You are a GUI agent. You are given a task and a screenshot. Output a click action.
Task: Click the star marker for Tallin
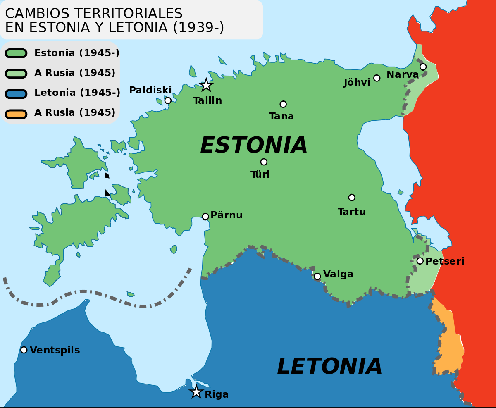206,85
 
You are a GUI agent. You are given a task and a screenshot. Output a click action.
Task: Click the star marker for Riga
196,392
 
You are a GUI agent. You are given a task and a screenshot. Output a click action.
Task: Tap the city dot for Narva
423,67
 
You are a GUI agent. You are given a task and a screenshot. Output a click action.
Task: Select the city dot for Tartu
352,198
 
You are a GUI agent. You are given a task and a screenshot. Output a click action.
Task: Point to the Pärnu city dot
205,216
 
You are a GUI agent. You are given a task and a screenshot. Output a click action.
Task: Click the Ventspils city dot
24,350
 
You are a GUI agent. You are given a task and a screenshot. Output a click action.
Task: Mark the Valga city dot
317,276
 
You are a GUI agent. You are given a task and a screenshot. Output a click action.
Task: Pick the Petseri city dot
420,261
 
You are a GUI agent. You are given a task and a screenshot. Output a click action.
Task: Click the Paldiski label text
150,90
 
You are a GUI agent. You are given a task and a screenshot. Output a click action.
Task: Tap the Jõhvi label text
357,83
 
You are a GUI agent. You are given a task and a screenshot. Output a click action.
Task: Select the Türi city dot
264,162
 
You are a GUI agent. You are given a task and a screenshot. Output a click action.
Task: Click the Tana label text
281,116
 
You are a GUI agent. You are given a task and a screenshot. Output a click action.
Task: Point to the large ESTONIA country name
254,145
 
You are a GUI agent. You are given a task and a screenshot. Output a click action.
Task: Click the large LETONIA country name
329,366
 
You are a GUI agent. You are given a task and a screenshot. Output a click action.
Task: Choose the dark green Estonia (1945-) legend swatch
16,53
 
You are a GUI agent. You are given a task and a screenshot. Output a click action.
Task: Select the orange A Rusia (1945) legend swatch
16,113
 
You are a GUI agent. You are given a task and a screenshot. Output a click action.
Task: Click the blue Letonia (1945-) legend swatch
16,93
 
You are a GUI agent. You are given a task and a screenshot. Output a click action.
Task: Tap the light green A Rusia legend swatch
16,74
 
